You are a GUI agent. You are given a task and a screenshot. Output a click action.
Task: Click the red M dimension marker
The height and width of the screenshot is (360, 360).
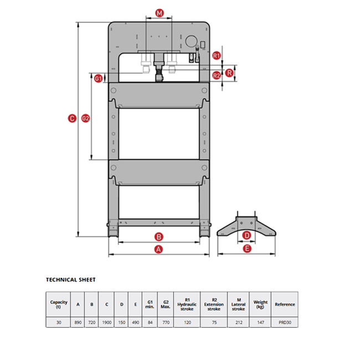click(x=160, y=12)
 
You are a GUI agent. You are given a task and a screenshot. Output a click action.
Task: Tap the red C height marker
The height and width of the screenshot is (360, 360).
click(x=71, y=117)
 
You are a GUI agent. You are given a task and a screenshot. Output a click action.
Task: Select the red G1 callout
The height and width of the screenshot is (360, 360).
click(x=98, y=79)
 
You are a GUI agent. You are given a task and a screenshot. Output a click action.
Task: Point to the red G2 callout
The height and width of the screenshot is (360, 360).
click(x=86, y=117)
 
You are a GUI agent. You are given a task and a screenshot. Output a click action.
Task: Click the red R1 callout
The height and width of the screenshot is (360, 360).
click(x=217, y=55)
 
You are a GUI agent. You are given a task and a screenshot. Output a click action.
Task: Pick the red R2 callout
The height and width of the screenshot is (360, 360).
click(x=217, y=75)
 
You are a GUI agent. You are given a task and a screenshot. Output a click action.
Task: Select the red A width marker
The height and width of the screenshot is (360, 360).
click(x=158, y=249)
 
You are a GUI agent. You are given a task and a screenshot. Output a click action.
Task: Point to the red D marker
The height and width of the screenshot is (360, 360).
click(x=247, y=235)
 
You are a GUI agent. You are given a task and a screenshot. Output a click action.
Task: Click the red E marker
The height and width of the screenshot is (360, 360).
click(x=247, y=249)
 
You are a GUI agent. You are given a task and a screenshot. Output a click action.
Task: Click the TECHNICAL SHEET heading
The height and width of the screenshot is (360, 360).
click(x=70, y=280)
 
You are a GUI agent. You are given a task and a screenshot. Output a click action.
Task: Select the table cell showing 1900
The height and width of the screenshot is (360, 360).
click(x=107, y=321)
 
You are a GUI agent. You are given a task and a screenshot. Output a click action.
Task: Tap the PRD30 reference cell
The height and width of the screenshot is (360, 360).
click(x=285, y=321)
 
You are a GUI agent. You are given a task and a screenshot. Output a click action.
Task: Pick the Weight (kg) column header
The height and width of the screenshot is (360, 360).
click(x=260, y=304)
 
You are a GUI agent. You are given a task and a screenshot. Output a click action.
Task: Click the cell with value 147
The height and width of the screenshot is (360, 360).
click(x=260, y=321)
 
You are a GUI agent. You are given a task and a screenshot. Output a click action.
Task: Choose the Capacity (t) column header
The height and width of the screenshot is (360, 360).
click(x=59, y=304)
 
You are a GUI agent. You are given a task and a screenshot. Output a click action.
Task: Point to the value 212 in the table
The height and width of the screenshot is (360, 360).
click(x=238, y=321)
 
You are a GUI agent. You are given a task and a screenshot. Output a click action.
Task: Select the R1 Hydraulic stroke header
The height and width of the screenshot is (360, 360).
click(x=187, y=304)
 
